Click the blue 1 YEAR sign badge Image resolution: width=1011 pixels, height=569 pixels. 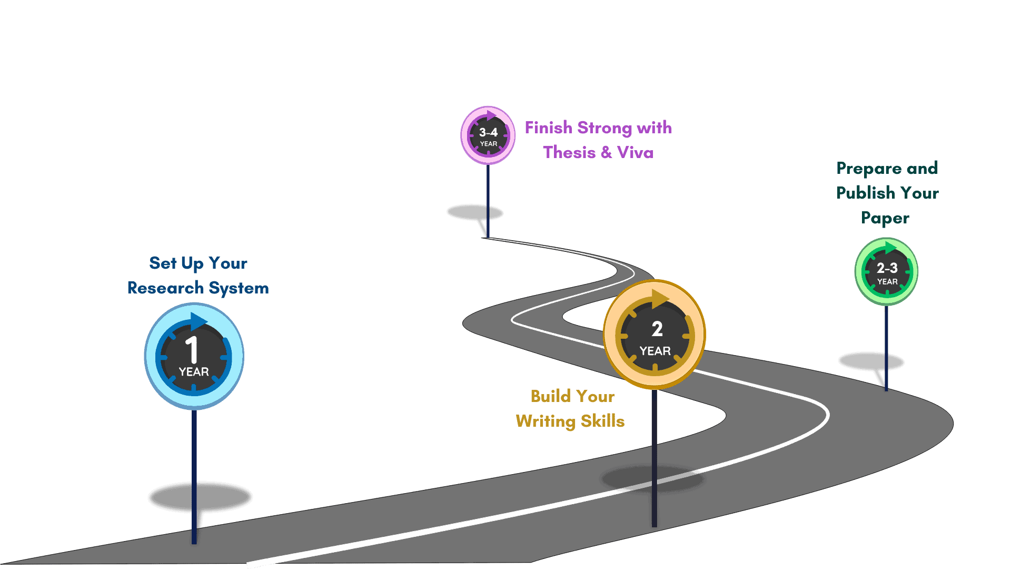[194, 356]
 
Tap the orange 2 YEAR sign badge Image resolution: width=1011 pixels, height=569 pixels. [655, 335]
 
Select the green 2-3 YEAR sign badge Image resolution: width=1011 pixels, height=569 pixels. [887, 272]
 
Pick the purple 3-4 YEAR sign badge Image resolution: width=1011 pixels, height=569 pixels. [488, 135]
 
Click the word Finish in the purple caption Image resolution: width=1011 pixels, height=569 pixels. [548, 127]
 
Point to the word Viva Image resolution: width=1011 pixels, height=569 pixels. [635, 152]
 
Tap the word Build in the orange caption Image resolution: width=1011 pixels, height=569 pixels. [550, 396]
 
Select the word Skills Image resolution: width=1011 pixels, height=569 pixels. [602, 421]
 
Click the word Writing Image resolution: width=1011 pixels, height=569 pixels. [545, 421]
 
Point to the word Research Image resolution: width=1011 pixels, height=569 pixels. [165, 288]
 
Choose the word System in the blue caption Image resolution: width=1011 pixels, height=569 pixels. [239, 288]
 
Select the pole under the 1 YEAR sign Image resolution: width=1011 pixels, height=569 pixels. [194, 464]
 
